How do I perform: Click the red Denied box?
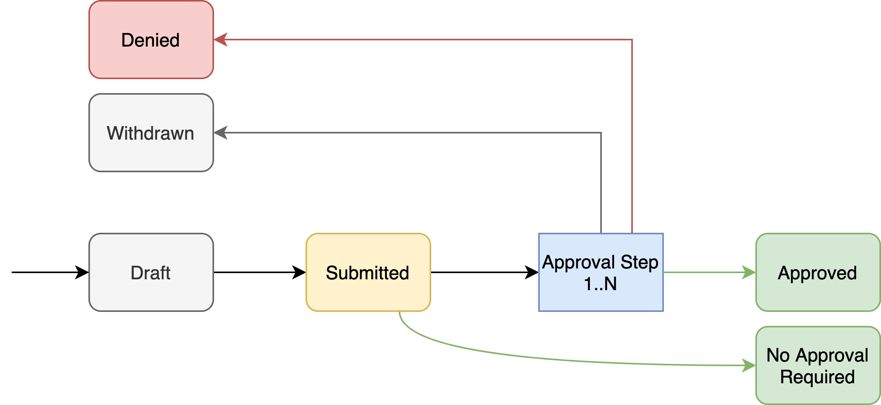click(151, 40)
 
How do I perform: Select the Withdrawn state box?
click(151, 133)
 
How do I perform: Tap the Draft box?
click(151, 272)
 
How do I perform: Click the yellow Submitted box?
click(368, 272)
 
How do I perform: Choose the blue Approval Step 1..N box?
click(601, 272)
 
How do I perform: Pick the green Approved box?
click(818, 272)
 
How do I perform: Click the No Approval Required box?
click(818, 365)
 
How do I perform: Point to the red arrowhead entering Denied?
click(220, 40)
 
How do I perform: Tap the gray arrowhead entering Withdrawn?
click(220, 133)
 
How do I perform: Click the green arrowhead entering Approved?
click(749, 272)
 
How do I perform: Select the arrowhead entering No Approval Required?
click(749, 365)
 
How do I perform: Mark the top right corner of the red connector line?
click(632, 40)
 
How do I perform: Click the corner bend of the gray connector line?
click(601, 133)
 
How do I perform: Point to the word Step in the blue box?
click(639, 262)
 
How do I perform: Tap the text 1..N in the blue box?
click(600, 284)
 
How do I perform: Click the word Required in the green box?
click(817, 377)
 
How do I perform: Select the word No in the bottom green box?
click(778, 355)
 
